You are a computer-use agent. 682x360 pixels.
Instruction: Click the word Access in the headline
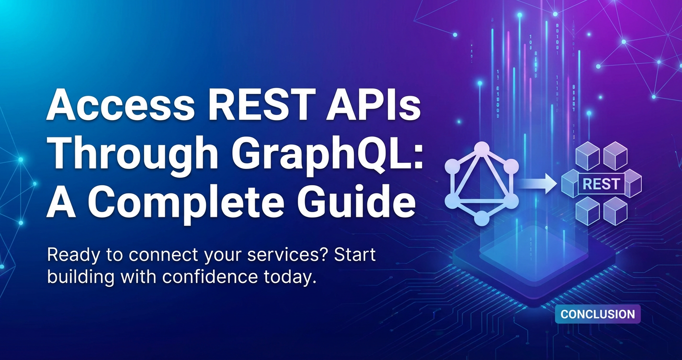(120, 105)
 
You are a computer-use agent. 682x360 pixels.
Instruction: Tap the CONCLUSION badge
(598, 314)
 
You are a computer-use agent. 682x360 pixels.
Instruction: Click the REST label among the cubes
(601, 184)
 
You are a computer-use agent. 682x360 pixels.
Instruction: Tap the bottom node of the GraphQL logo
(482, 218)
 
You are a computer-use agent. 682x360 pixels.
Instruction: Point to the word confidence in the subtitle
(210, 277)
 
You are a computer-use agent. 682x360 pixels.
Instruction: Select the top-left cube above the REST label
(588, 156)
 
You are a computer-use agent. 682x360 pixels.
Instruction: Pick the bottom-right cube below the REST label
(615, 211)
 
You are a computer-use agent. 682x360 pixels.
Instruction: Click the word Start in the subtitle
(355, 255)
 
